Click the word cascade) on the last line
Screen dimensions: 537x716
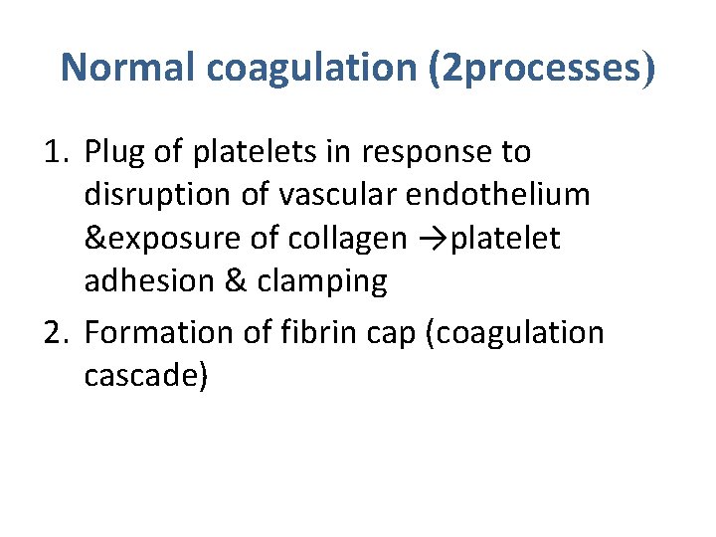pos(146,376)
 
